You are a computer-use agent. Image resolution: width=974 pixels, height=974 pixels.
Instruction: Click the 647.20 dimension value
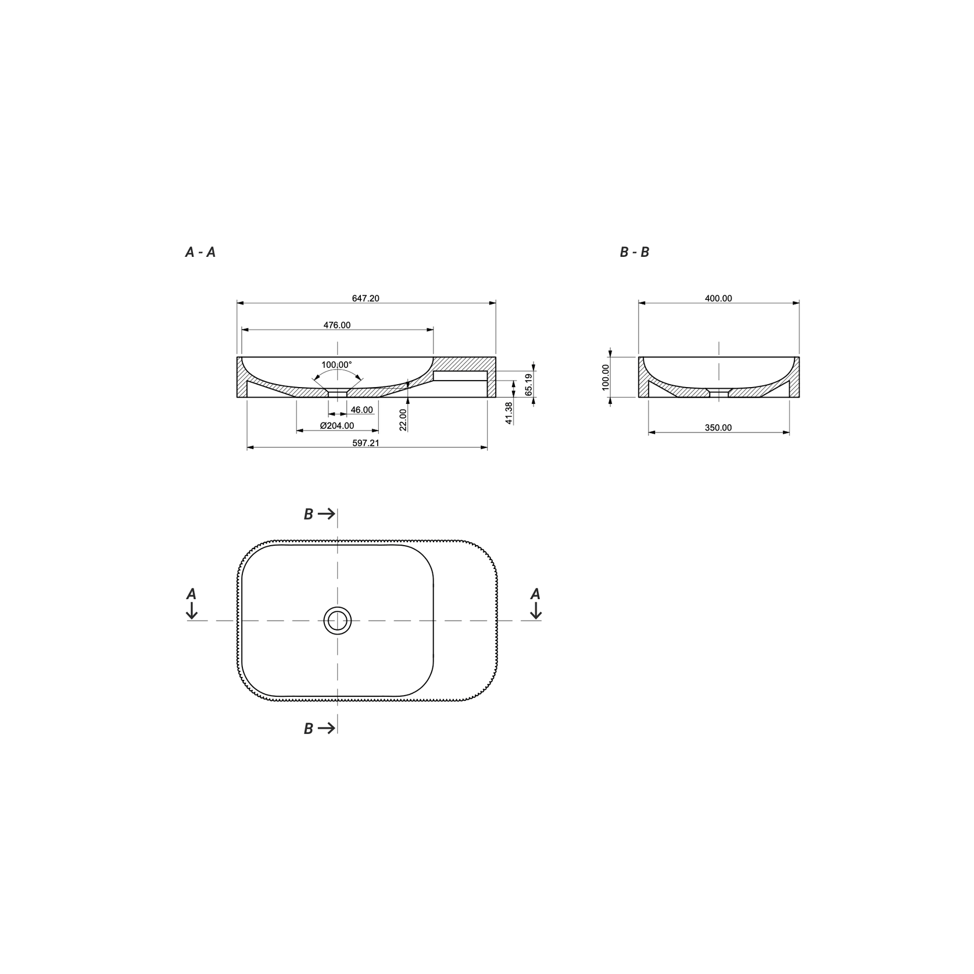(x=366, y=298)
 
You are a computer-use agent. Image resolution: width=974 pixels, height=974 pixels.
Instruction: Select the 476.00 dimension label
(x=337, y=325)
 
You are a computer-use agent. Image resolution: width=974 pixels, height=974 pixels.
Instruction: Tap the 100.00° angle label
(x=336, y=365)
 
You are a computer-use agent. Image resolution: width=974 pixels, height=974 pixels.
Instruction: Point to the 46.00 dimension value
(x=361, y=410)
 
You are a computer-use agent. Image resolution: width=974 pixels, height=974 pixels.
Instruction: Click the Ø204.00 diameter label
(x=337, y=425)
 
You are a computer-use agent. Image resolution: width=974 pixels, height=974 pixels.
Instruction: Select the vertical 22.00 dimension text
(x=403, y=419)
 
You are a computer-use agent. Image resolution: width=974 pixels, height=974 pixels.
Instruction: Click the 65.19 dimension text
(x=528, y=385)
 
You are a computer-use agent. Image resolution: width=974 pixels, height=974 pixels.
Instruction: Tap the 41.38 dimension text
(x=509, y=413)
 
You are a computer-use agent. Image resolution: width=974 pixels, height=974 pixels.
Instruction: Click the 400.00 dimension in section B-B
(x=718, y=298)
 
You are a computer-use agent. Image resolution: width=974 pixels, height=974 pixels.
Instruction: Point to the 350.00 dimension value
(x=718, y=428)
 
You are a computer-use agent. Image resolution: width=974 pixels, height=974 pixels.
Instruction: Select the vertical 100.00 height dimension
(x=606, y=377)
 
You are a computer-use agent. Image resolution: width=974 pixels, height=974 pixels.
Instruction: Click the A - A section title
(x=200, y=252)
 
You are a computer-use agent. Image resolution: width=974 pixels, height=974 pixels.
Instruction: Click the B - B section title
(x=634, y=252)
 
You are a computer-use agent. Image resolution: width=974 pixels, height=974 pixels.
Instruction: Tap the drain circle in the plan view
(x=338, y=621)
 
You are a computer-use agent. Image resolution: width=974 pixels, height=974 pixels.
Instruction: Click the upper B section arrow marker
(x=319, y=514)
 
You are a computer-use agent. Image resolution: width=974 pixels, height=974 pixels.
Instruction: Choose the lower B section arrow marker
(x=319, y=728)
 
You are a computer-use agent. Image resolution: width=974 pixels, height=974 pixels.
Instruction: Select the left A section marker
(x=191, y=603)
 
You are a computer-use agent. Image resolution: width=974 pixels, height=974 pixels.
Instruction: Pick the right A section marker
(x=535, y=603)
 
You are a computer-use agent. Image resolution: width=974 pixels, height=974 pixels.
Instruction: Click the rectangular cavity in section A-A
(x=460, y=375)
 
